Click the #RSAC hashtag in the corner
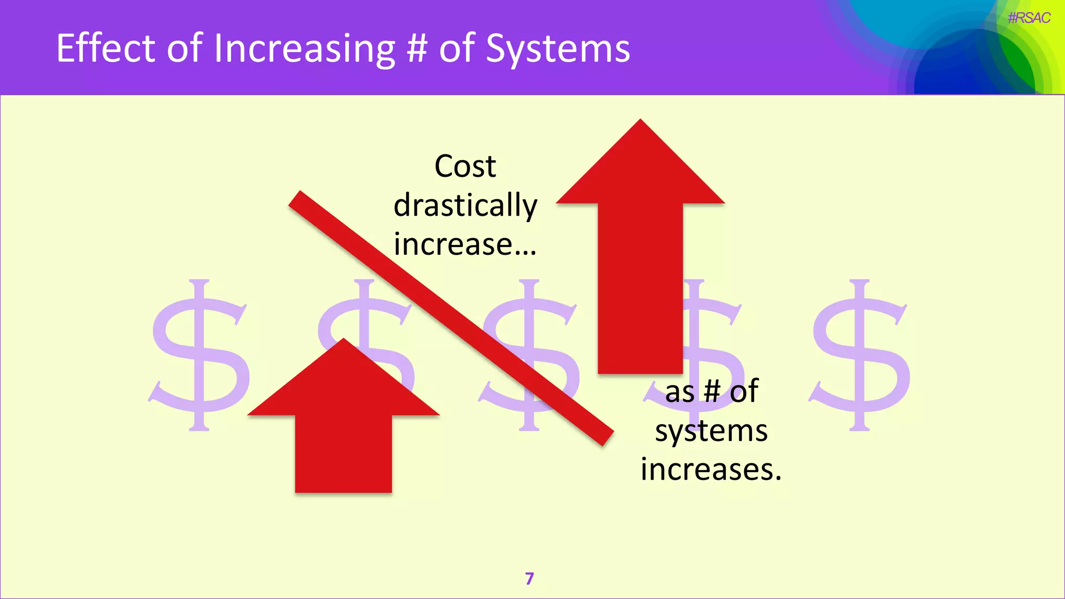point(1029,18)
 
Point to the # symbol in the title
point(417,48)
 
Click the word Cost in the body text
point(465,166)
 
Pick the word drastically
point(465,205)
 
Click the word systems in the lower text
point(711,431)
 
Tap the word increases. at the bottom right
point(711,469)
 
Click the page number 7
point(529,579)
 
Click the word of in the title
point(184,48)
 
